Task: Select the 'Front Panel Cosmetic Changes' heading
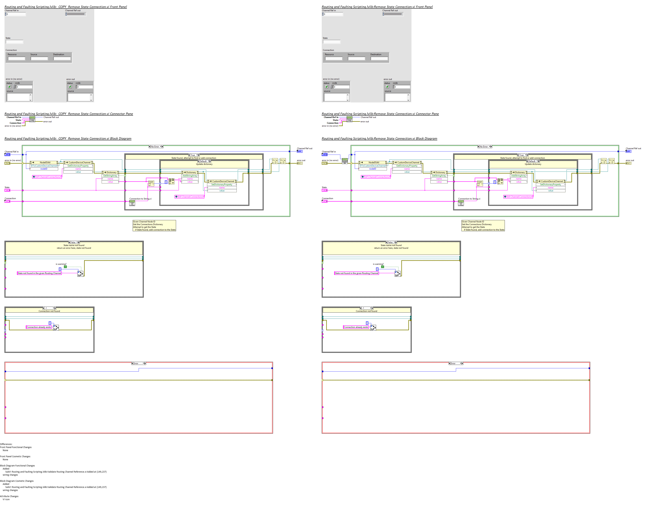pyautogui.click(x=15, y=456)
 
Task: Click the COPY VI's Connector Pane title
pyautogui.click(x=69, y=114)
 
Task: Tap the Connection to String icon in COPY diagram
pyautogui.click(x=132, y=203)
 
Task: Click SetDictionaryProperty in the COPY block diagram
pyautogui.click(x=222, y=184)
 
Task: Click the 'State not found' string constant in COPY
pyautogui.click(x=39, y=273)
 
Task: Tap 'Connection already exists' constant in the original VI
pyautogui.click(x=356, y=327)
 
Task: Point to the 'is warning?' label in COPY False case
pyautogui.click(x=61, y=264)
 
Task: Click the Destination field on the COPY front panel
pyautogui.click(x=62, y=58)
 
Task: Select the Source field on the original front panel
pyautogui.click(x=356, y=58)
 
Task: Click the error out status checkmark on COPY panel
pyautogui.click(x=70, y=87)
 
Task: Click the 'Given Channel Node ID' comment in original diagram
pyautogui.click(x=483, y=226)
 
